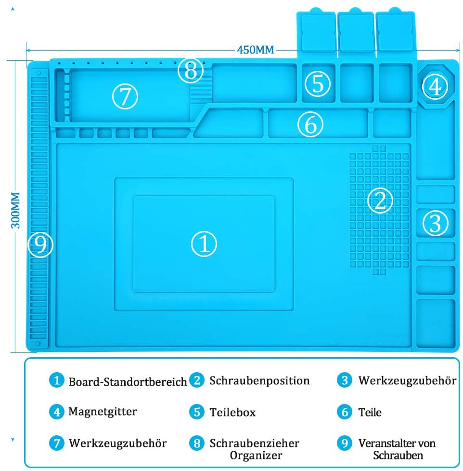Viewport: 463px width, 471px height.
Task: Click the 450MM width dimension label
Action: pos(256,50)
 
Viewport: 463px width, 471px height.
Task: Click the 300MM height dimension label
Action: pos(15,210)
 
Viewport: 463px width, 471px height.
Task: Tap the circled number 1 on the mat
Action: pos(204,243)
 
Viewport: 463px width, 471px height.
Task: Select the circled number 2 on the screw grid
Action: pos(380,201)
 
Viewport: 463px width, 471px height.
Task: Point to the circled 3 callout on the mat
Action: pos(436,223)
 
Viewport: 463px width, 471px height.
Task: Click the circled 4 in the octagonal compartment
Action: pos(435,86)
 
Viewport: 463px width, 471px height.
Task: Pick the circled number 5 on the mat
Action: pos(318,83)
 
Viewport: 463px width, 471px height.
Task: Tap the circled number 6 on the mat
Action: pos(310,124)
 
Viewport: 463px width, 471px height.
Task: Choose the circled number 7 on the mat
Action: pos(125,96)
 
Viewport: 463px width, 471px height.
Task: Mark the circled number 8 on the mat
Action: pos(191,70)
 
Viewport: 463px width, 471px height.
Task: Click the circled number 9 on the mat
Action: pos(40,244)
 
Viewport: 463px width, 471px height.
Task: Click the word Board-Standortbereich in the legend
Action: pos(128,382)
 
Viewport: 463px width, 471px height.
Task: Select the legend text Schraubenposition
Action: pos(259,380)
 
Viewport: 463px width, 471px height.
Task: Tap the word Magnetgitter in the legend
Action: pos(103,412)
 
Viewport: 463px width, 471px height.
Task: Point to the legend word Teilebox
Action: pos(232,412)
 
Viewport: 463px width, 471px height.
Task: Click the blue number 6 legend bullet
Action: pos(345,412)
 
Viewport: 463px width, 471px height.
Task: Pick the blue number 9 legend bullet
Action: pos(345,443)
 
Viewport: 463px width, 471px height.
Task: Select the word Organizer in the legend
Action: pos(256,456)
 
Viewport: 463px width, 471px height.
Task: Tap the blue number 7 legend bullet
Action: pos(57,443)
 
